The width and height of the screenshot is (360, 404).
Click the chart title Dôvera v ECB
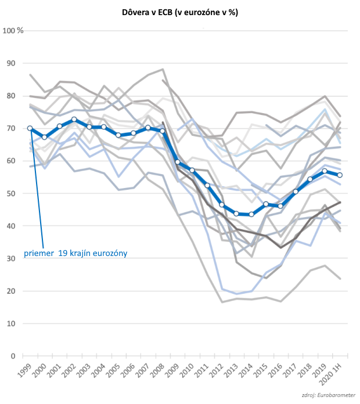(180, 12)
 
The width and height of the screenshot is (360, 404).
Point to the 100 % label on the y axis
(13, 30)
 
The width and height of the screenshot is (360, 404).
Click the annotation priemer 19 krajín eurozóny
(75, 253)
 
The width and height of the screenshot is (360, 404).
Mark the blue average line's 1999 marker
(30, 128)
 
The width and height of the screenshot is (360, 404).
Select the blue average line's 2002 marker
(74, 120)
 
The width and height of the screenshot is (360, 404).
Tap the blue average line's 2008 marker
(163, 131)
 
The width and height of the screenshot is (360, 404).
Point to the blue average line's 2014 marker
(251, 214)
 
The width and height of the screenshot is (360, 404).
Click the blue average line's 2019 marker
(325, 171)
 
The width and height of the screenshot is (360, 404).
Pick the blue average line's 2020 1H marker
(340, 175)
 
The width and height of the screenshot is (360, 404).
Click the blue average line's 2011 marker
(207, 185)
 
